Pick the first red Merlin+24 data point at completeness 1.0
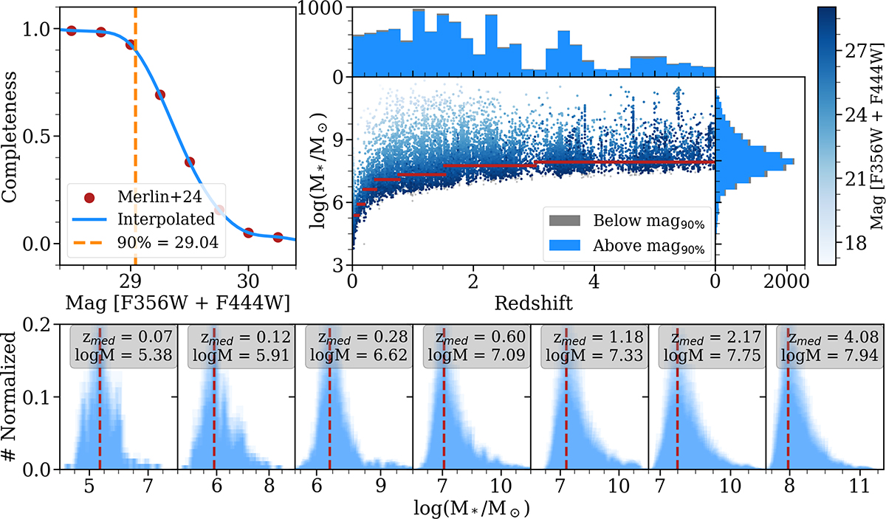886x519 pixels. [71, 30]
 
